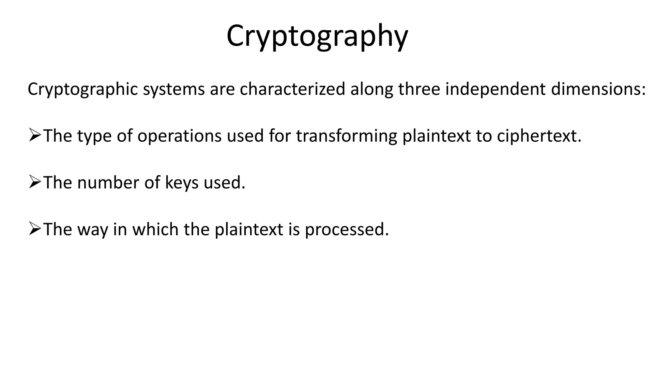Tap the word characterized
pyautogui.click(x=292, y=89)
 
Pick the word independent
pyautogui.click(x=495, y=89)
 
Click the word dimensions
pyautogui.click(x=598, y=89)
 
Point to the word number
pyautogui.click(x=108, y=182)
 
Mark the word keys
pyautogui.click(x=182, y=182)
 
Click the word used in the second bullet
pyautogui.click(x=224, y=182)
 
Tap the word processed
pyautogui.click(x=347, y=229)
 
